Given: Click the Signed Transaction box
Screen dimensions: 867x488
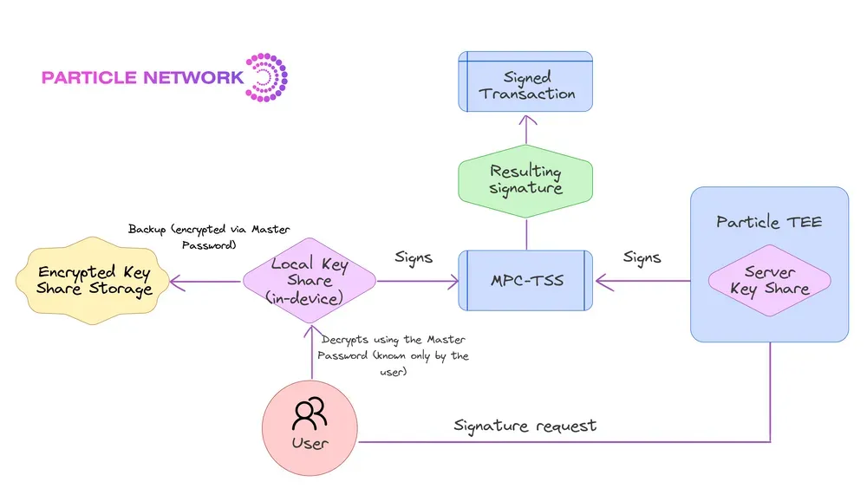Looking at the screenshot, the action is [525, 81].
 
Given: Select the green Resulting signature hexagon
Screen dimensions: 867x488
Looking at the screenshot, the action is [525, 180].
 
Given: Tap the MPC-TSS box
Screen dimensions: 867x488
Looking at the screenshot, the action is [525, 280].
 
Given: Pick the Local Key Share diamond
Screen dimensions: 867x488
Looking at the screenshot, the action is [310, 281].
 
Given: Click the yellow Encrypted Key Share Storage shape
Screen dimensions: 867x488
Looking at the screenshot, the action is [93, 281].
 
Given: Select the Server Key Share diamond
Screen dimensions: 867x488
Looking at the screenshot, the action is [769, 280].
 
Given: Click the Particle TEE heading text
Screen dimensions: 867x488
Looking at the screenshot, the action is [769, 222].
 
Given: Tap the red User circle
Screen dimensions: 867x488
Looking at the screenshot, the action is [310, 428].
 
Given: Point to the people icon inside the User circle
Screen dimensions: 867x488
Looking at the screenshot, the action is [310, 414].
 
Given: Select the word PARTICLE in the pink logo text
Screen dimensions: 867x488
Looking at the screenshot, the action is [89, 77].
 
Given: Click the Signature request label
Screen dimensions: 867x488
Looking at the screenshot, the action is [525, 426].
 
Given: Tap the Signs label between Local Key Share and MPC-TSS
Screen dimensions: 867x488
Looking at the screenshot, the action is [414, 257].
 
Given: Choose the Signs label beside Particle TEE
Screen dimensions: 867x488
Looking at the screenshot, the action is [642, 257].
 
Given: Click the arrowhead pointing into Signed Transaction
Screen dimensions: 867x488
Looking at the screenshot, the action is [527, 120].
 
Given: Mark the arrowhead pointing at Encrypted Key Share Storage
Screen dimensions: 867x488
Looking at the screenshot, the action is [176, 282].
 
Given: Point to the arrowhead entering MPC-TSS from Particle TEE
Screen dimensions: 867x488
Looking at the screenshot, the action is [603, 282].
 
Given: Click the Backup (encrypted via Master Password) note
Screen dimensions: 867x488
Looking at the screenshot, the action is [209, 237].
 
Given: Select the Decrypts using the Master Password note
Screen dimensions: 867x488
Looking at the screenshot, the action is [393, 355].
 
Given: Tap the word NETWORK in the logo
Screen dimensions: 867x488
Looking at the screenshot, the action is [192, 77].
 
